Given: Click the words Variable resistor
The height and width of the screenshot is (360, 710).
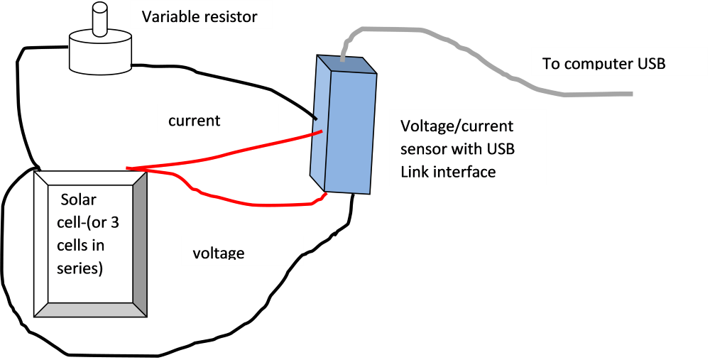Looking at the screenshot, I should point(200,16).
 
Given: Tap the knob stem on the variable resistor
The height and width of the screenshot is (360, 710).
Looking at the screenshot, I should point(100,20).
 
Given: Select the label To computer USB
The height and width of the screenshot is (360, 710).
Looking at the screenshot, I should point(603,63).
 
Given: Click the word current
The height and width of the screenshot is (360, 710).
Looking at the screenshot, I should point(194,121).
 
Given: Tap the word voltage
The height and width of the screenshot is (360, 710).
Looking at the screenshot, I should point(219,253).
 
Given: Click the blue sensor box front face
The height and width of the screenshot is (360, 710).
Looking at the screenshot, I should point(349,131).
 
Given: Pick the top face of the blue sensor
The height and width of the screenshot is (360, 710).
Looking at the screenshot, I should point(346,63).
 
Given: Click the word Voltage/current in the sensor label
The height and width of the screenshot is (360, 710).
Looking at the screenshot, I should point(457,126).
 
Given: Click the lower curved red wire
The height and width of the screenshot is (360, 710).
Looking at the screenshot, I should point(248,204).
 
